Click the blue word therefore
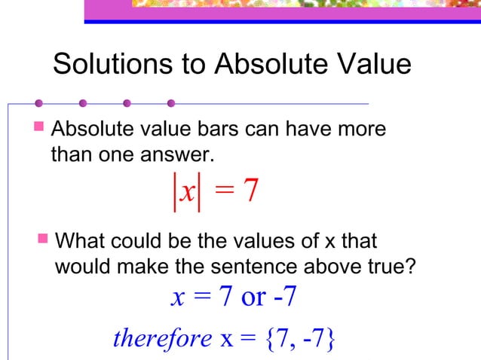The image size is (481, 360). (x=162, y=339)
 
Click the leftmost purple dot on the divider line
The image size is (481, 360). (x=38, y=103)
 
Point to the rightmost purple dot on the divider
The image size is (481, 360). (x=172, y=103)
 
